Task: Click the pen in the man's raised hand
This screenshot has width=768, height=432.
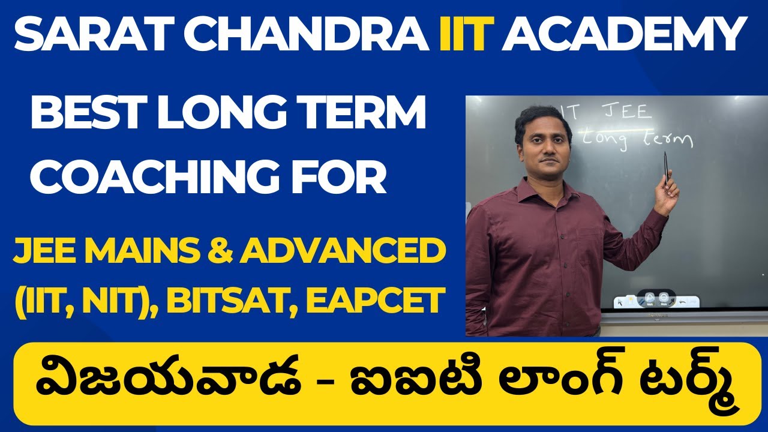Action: tap(665, 167)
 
